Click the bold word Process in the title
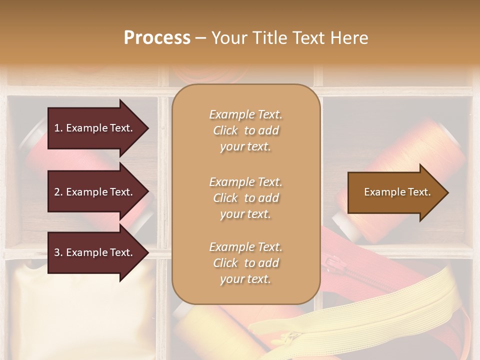pyautogui.click(x=157, y=37)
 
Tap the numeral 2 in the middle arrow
pyautogui.click(x=57, y=192)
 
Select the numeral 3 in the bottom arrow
pyautogui.click(x=57, y=252)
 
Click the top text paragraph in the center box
pyautogui.click(x=245, y=130)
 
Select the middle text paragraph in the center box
pyautogui.click(x=245, y=198)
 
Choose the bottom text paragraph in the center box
pyautogui.click(x=245, y=263)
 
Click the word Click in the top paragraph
pyautogui.click(x=225, y=130)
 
